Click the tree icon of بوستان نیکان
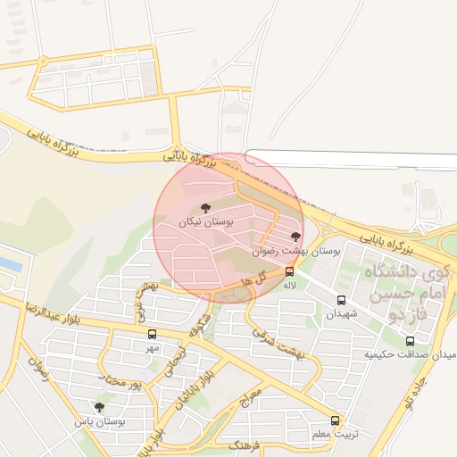pos(206,207)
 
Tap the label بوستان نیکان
pos(206,221)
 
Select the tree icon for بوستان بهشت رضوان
pos(296,237)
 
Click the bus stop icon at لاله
pos(289,271)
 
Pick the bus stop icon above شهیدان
pos(341,301)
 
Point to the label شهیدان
pos(341,314)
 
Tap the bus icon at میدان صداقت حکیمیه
pos(410,341)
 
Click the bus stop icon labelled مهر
pos(152,334)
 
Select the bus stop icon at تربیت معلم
pos(335,420)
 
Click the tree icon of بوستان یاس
pos(99,407)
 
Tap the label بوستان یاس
pos(99,420)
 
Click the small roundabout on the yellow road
pos(43,61)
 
